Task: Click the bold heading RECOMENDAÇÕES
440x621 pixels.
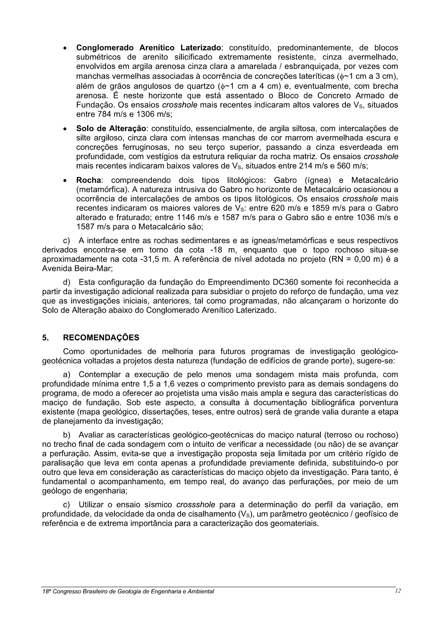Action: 101,337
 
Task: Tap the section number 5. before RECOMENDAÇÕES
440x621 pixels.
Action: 45,337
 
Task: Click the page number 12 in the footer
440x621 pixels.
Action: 398,591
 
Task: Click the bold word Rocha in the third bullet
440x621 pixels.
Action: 88,180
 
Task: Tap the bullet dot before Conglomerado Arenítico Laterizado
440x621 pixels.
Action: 65,48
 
